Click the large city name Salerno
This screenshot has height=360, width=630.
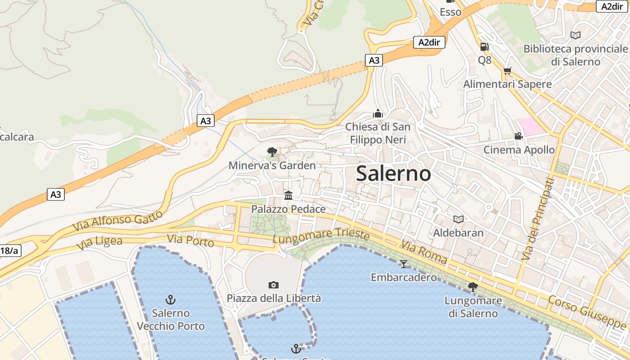click(x=393, y=174)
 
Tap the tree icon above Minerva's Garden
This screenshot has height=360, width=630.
click(x=272, y=152)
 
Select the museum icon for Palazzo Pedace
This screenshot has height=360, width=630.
click(x=288, y=195)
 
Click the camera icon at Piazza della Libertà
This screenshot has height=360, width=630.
click(x=273, y=285)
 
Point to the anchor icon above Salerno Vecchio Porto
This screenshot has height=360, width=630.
click(x=171, y=299)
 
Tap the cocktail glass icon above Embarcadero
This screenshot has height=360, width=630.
click(x=403, y=264)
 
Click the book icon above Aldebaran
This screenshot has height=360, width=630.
click(x=458, y=219)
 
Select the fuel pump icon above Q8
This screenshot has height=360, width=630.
click(x=484, y=46)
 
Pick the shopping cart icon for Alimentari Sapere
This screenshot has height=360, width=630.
click(x=507, y=71)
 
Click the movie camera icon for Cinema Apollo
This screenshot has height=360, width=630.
click(x=518, y=136)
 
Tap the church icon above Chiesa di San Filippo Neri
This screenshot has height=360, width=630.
click(x=378, y=113)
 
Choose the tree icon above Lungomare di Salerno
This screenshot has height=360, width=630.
click(x=472, y=287)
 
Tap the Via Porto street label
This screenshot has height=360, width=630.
click(x=190, y=241)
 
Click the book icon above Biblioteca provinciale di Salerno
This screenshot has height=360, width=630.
click(x=575, y=35)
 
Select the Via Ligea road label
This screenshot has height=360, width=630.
click(x=99, y=243)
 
